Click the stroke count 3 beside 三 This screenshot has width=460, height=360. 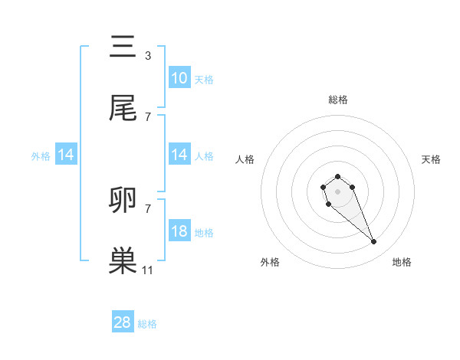click(147, 55)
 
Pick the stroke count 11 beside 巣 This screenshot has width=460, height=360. click(147, 270)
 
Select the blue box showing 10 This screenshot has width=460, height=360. click(179, 78)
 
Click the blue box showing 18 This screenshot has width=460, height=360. click(179, 231)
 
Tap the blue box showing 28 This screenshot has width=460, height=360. click(123, 322)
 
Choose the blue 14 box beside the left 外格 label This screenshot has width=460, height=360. click(66, 155)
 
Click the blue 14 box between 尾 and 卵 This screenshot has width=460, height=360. click(179, 155)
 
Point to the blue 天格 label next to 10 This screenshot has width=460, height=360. click(204, 79)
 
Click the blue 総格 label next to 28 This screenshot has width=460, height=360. click(147, 324)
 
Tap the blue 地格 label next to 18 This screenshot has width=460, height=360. click(204, 232)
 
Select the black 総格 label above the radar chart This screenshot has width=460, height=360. click(337, 100)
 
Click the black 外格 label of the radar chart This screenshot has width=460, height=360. click(270, 263)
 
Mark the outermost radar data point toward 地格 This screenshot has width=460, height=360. click(374, 242)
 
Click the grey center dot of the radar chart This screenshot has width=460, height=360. click(337, 190)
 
